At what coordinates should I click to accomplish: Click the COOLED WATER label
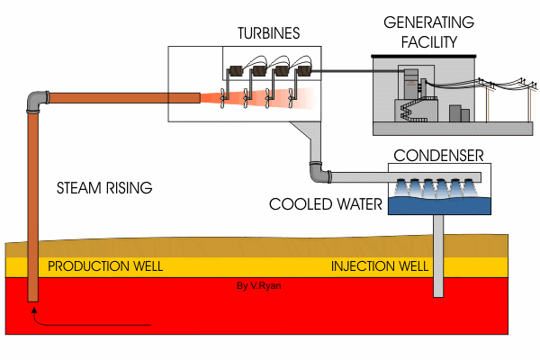326,204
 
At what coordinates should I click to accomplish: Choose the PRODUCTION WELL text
104,267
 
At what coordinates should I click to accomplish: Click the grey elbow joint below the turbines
315,168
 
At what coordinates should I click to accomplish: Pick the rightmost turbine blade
295,94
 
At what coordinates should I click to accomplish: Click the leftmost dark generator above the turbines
238,69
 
